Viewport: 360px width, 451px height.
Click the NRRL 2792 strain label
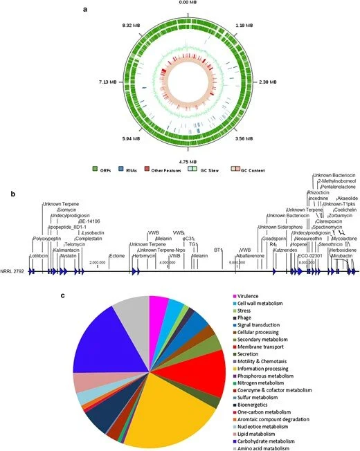click(13, 272)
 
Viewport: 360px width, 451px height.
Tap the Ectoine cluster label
click(117, 255)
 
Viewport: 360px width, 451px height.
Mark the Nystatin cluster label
click(69, 255)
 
